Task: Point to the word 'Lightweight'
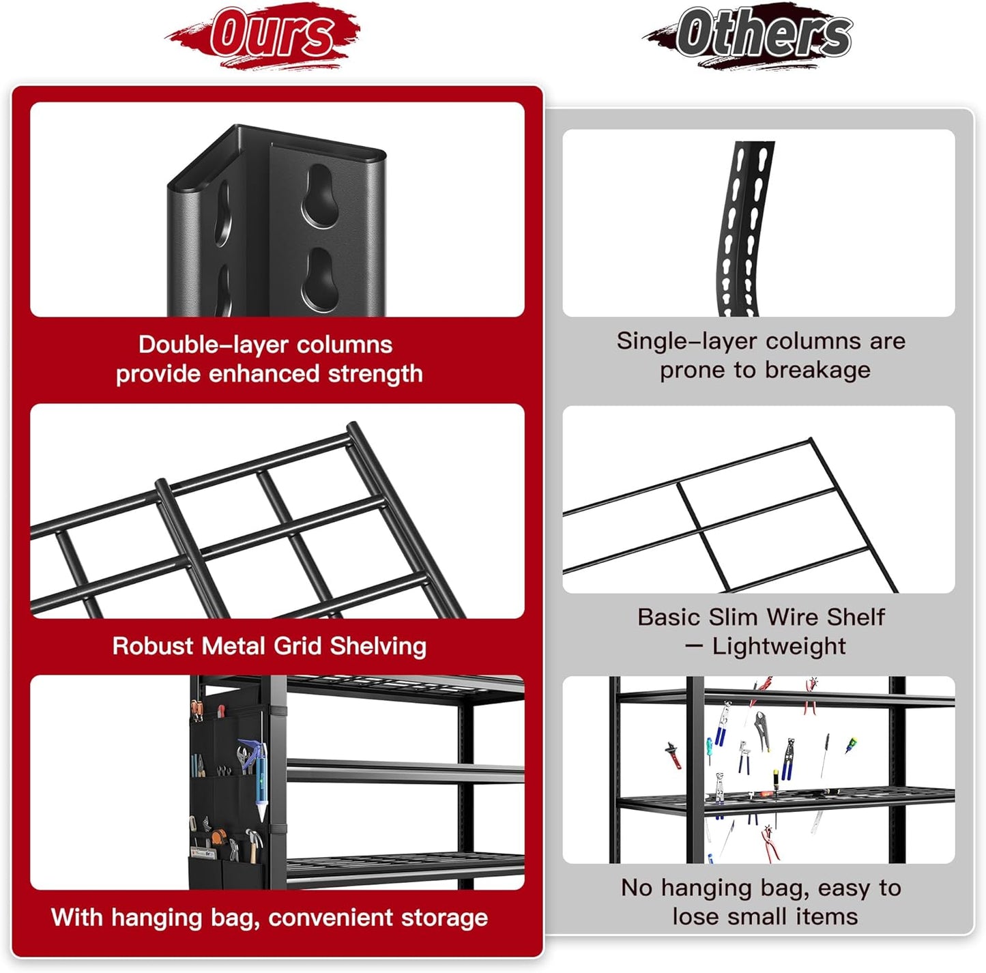point(779,646)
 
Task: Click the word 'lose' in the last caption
point(696,916)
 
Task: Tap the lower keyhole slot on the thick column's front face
point(320,280)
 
